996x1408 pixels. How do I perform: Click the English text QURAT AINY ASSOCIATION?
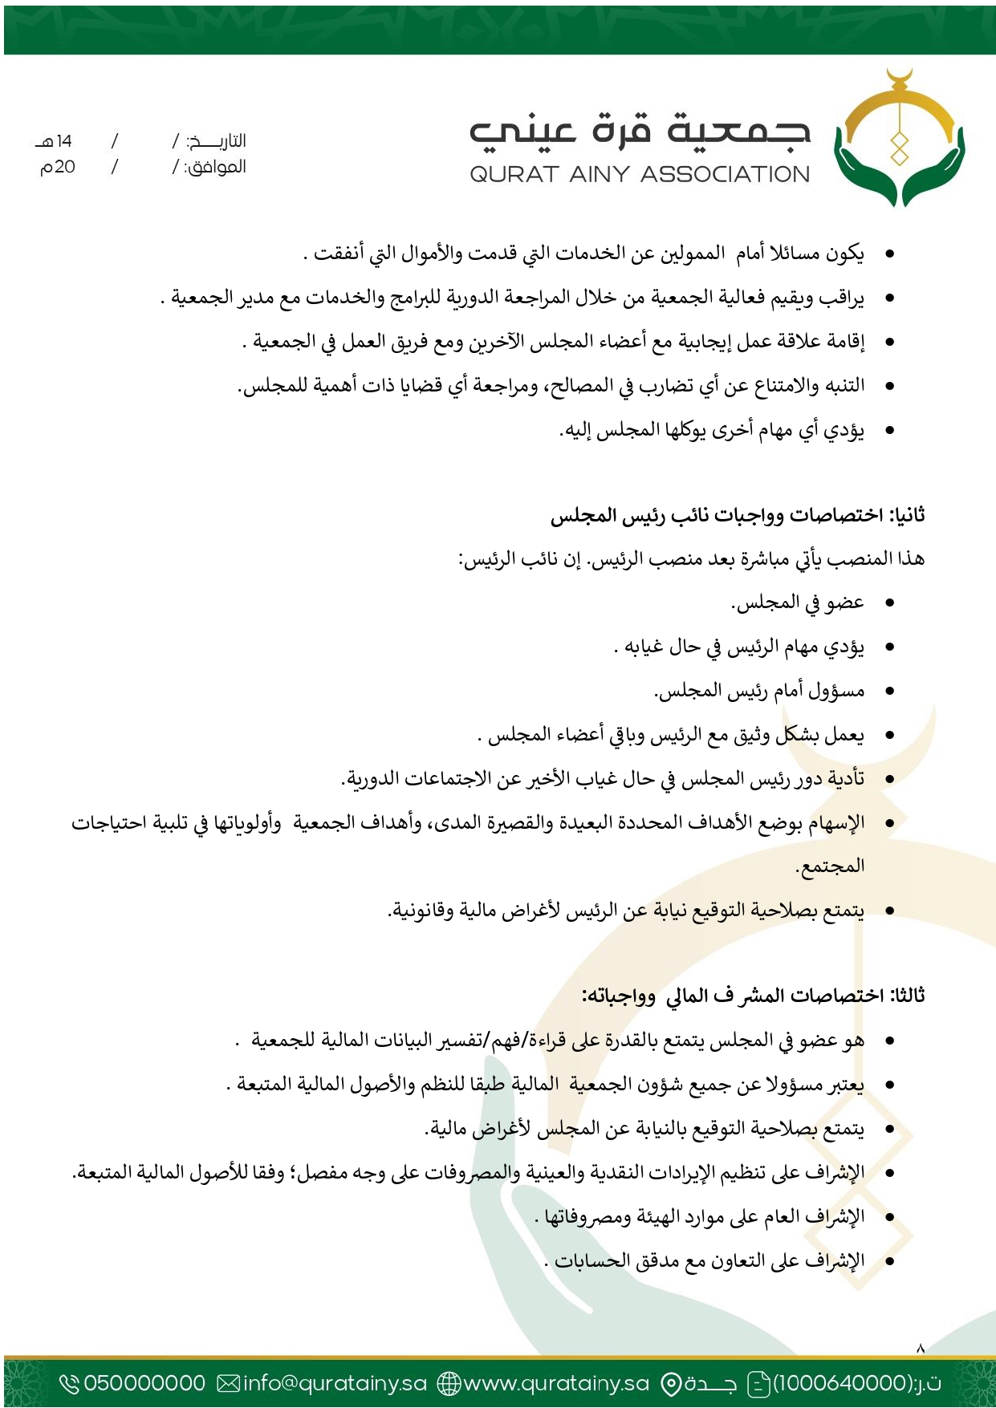(x=640, y=174)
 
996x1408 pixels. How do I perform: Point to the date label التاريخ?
(x=217, y=142)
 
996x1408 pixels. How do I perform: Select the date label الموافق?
(x=215, y=168)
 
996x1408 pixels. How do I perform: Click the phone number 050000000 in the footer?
(x=144, y=1383)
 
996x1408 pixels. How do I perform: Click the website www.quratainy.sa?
(x=556, y=1383)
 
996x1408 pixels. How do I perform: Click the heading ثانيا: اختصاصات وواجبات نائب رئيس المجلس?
(x=738, y=515)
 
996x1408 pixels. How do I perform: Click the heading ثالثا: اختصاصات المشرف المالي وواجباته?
(x=753, y=996)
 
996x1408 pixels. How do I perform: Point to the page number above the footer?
(x=921, y=1349)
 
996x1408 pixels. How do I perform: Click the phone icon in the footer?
(x=70, y=1383)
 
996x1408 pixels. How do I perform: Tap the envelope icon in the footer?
(x=229, y=1383)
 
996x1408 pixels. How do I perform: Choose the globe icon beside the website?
(x=449, y=1383)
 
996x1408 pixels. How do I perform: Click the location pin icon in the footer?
(x=670, y=1383)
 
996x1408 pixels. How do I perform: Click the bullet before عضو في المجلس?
(x=889, y=603)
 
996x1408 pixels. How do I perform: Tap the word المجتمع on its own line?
(x=830, y=866)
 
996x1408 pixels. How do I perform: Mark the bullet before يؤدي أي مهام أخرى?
(x=889, y=431)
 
